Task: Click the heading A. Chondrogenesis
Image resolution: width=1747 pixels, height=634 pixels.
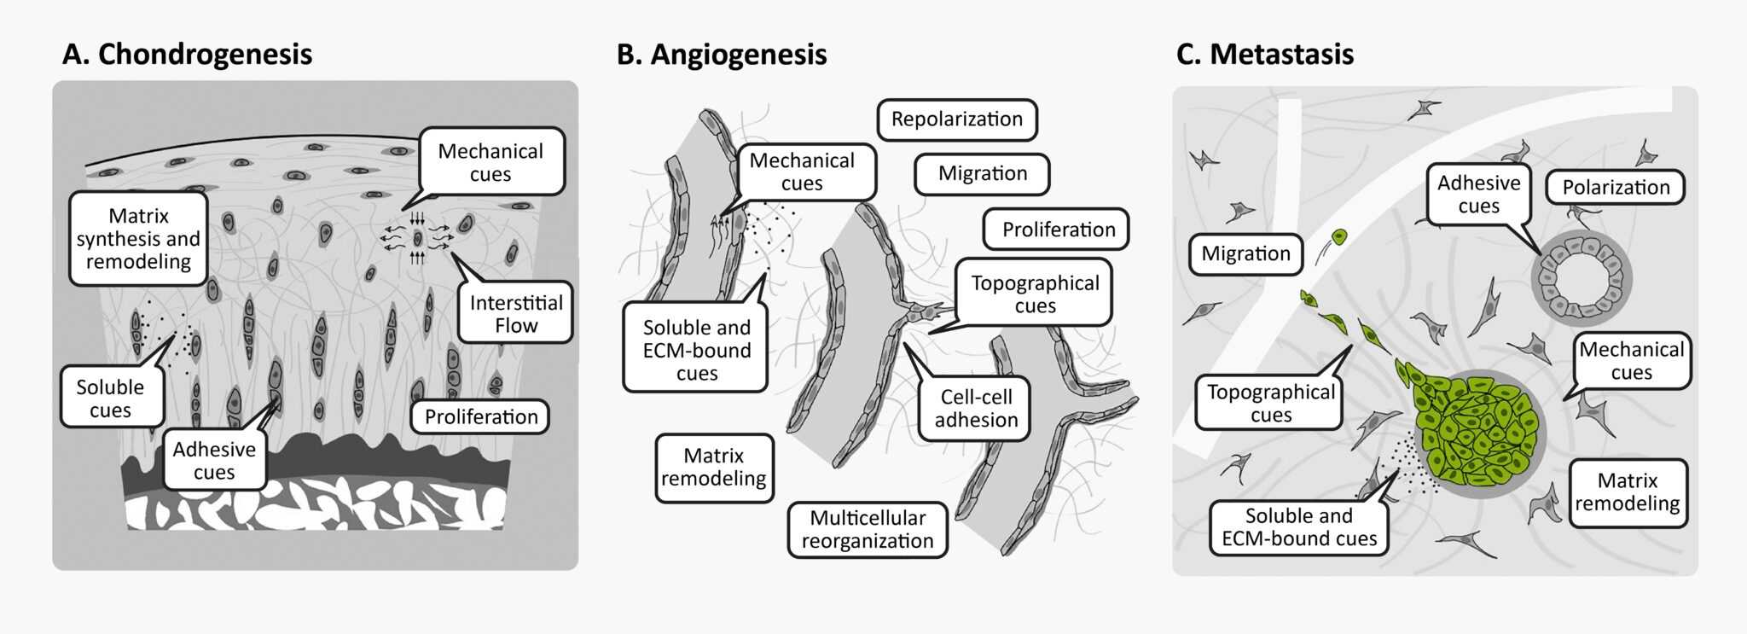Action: [x=187, y=54]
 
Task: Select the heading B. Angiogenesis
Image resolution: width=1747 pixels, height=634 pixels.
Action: [x=722, y=55]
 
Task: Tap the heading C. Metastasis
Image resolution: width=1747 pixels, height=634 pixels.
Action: [x=1264, y=55]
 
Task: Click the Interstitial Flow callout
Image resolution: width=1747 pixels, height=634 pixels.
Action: [x=515, y=313]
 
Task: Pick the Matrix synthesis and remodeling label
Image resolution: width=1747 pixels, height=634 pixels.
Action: [x=138, y=238]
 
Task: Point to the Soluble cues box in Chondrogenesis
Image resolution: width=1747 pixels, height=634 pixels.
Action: [x=110, y=398]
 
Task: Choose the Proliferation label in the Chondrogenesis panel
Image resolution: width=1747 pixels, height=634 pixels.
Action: [x=481, y=416]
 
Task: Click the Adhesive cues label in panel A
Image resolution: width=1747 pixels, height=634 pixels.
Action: [x=214, y=460]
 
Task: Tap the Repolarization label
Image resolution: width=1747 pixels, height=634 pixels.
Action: [x=956, y=119]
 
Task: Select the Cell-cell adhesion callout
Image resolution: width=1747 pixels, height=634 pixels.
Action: [x=976, y=408]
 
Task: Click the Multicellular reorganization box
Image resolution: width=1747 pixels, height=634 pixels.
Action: [x=867, y=529]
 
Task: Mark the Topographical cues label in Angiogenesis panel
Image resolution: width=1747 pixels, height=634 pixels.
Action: [x=1035, y=294]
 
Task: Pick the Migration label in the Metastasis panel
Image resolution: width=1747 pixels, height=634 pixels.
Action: [x=1245, y=253]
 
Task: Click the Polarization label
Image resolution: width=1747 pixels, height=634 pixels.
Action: [x=1616, y=188]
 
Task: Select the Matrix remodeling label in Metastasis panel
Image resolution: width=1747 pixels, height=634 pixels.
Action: [x=1627, y=492]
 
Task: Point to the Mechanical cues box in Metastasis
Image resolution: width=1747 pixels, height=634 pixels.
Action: [x=1631, y=360]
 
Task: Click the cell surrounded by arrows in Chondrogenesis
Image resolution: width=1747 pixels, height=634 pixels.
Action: [x=417, y=238]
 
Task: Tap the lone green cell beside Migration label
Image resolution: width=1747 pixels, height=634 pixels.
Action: [x=1339, y=236]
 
